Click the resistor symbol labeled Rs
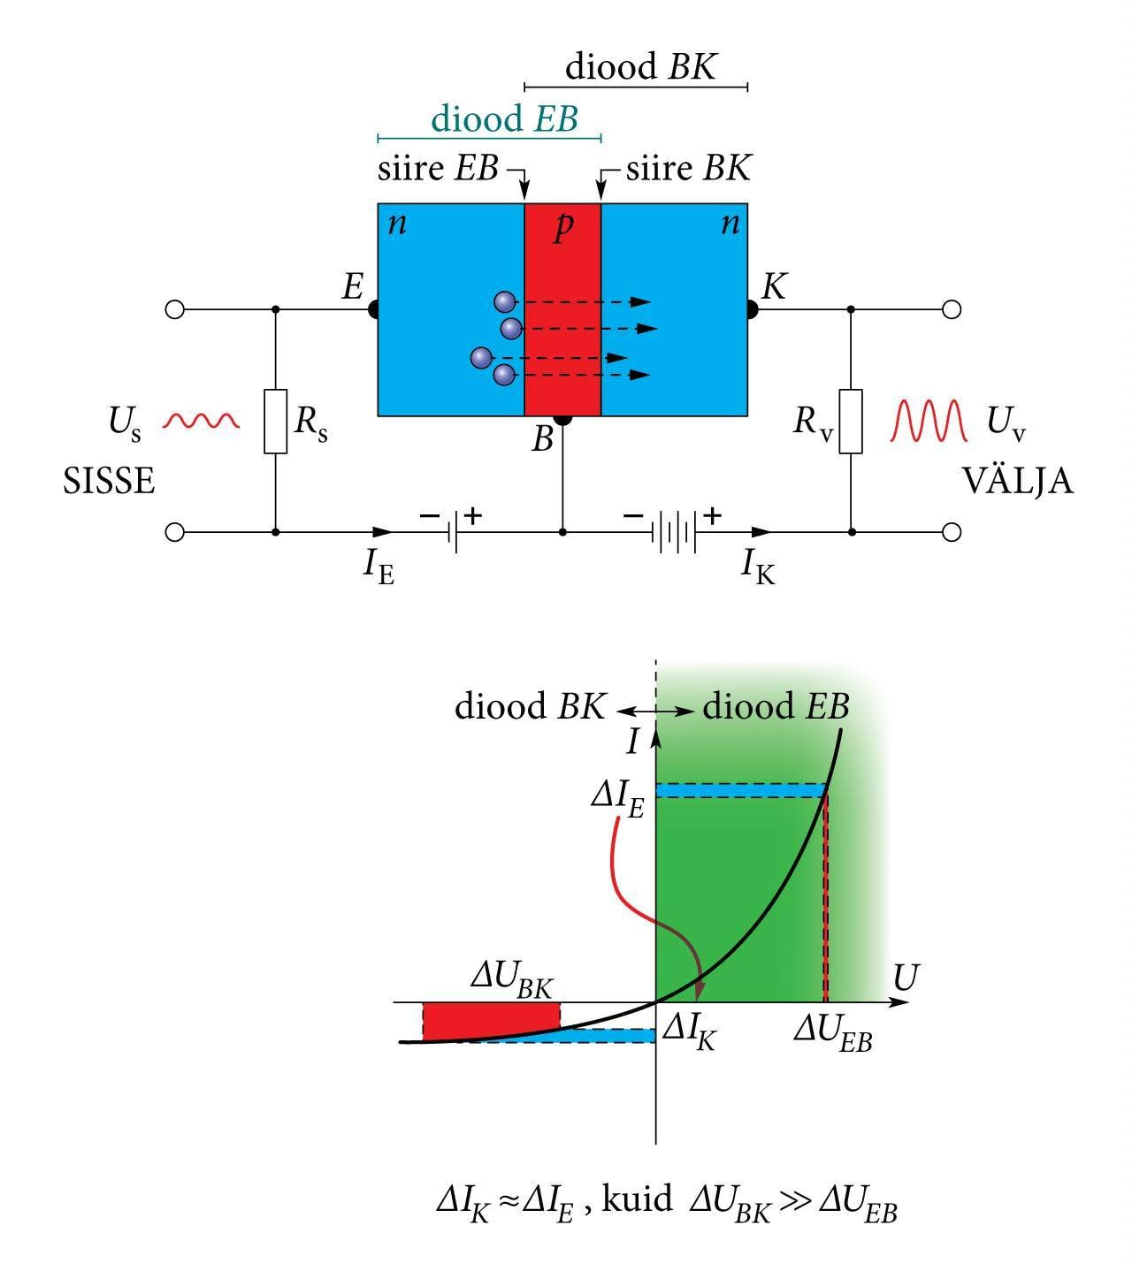(x=276, y=422)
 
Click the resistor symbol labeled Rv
(x=851, y=422)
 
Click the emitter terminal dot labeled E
(x=374, y=309)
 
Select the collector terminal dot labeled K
(x=752, y=309)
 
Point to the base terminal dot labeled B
(x=562, y=418)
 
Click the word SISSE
(x=109, y=482)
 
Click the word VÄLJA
(x=1017, y=482)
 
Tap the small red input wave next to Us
(x=202, y=421)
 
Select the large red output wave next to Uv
(x=928, y=421)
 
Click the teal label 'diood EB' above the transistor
(x=504, y=118)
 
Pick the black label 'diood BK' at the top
(x=640, y=67)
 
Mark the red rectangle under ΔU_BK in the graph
(x=491, y=1021)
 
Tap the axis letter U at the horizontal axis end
(x=906, y=978)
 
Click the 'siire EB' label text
(x=438, y=168)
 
